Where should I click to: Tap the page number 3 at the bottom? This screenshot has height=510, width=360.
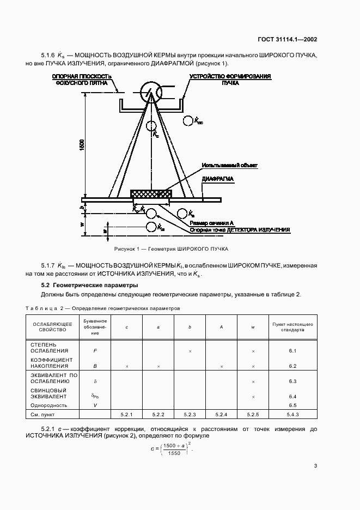point(315,465)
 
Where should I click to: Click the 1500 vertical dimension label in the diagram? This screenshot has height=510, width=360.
point(82,145)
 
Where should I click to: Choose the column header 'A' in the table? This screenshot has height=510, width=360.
point(221,327)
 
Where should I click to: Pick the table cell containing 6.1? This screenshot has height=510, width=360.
point(292,351)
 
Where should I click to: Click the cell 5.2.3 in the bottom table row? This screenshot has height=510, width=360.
point(190,415)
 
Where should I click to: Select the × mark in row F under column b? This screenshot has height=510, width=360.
point(190,351)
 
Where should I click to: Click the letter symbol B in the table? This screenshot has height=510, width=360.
point(95,366)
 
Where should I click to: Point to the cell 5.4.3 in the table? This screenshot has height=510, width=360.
point(292,415)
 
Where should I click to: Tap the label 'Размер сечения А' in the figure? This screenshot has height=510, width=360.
point(212,223)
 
